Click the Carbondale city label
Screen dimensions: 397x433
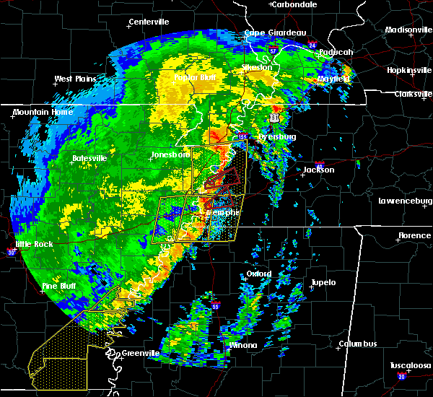[x=296, y=4]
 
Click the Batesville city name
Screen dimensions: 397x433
[x=89, y=157]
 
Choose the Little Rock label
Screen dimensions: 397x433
[x=34, y=244]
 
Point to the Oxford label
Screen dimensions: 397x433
[x=258, y=274]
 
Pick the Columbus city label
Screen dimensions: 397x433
[x=360, y=344]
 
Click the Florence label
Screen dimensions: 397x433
[x=415, y=235]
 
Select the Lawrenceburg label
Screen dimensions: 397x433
[x=405, y=201]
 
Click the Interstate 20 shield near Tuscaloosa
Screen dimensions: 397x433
[x=401, y=377]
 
